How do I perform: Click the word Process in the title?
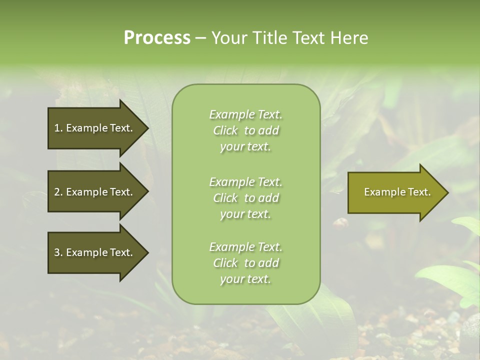157,37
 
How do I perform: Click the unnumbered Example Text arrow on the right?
397,192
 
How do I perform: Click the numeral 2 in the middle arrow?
57,192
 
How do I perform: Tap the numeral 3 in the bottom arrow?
57,252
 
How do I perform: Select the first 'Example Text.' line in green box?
245,114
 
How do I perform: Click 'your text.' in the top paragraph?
245,146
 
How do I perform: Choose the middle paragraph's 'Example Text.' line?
245,181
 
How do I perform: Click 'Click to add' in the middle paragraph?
245,198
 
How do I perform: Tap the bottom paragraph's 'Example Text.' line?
245,247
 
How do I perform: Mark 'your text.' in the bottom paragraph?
245,279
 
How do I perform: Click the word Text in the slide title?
308,37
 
